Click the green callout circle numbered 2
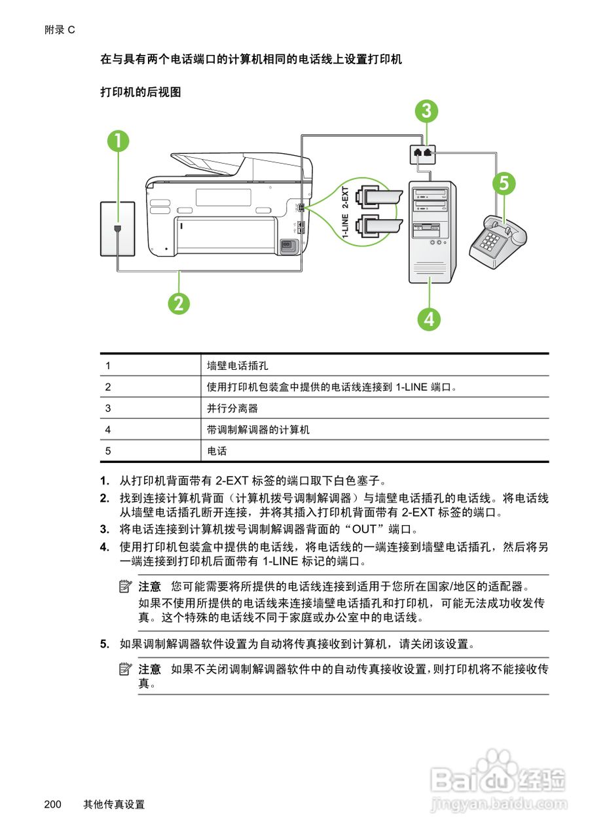coord(179,303)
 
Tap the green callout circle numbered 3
coord(426,111)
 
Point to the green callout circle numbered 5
coord(503,184)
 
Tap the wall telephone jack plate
coord(117,228)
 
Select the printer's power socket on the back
coord(287,247)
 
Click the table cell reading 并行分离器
coord(232,409)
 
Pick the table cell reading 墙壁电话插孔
coord(238,365)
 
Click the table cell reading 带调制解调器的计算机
coord(258,430)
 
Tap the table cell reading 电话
coord(217,452)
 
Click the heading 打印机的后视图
coord(140,92)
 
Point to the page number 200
coord(53,805)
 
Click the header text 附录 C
coord(60,29)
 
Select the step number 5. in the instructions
coord(105,644)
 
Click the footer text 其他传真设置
coord(114,805)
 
